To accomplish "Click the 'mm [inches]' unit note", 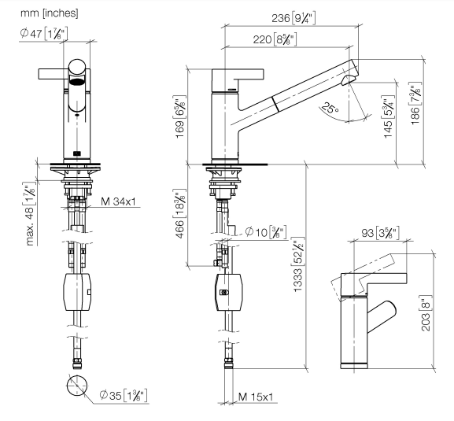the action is tap(50, 13).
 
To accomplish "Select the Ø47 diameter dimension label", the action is tap(44, 34).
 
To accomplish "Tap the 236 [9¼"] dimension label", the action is tap(293, 18).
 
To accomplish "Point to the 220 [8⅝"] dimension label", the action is tap(275, 39).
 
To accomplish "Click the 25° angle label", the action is tap(330, 108).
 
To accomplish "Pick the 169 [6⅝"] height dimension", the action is tap(179, 117).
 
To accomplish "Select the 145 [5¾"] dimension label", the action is tap(388, 117).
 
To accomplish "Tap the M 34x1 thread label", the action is tap(118, 201).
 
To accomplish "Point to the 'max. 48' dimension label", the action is tap(30, 214).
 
